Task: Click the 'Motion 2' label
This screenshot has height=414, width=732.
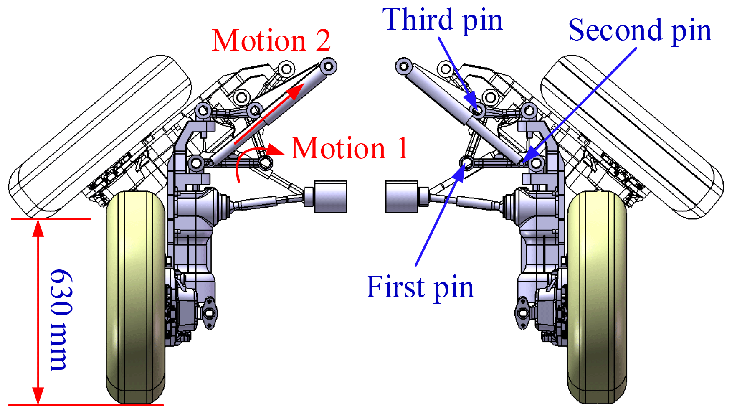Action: coord(271,41)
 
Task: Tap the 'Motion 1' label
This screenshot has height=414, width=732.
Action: coord(350,148)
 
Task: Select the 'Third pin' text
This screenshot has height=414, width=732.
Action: coord(442,20)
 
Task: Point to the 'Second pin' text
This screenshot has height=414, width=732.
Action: coord(640,30)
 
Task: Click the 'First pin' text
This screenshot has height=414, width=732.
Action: coord(420,287)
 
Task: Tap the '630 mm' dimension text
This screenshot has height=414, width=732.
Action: coord(61,320)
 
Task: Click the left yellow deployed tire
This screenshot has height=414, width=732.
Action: coord(136,297)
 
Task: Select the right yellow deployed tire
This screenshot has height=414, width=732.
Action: coord(597,297)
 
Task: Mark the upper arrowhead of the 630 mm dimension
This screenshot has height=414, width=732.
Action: coord(38,228)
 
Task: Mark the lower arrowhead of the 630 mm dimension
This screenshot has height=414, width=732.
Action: coord(38,396)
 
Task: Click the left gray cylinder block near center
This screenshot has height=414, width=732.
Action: coord(330,197)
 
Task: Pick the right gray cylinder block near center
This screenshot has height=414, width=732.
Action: coord(401,197)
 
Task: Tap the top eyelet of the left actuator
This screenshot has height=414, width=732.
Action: coord(328,66)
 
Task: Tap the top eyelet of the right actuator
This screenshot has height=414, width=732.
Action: coord(404,66)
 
